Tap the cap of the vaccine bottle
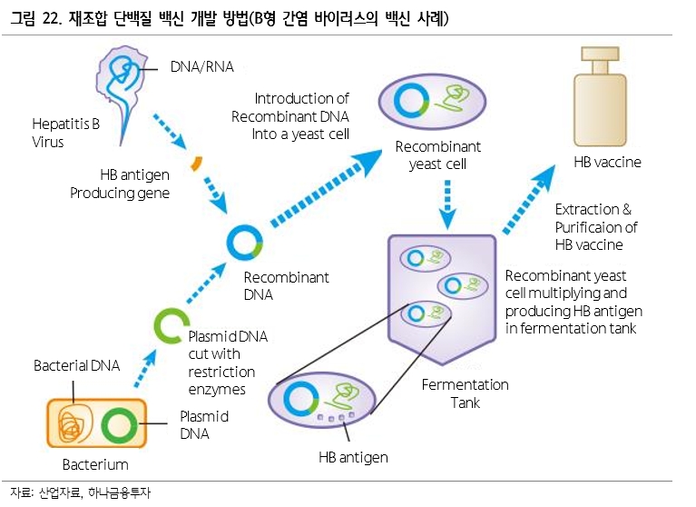point(600,54)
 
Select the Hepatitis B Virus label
point(65,133)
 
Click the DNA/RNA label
point(202,66)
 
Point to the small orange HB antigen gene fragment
point(196,163)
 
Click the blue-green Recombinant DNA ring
point(245,243)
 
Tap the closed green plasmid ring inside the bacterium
point(119,425)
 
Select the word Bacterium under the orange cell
point(95,465)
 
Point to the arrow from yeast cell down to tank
point(447,204)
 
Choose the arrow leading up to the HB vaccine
point(529,199)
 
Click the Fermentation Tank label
point(466,393)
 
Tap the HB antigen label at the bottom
point(353,457)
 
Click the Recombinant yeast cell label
point(438,155)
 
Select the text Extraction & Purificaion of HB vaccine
point(596,227)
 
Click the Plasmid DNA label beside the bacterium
point(204,425)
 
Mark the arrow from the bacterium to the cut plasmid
point(145,368)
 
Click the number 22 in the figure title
point(51,19)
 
